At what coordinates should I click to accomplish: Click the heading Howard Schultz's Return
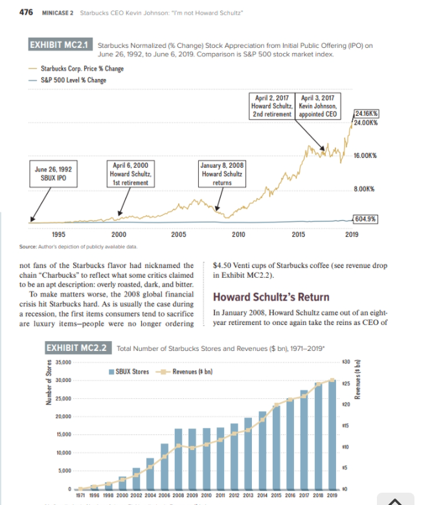pos(271,298)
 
